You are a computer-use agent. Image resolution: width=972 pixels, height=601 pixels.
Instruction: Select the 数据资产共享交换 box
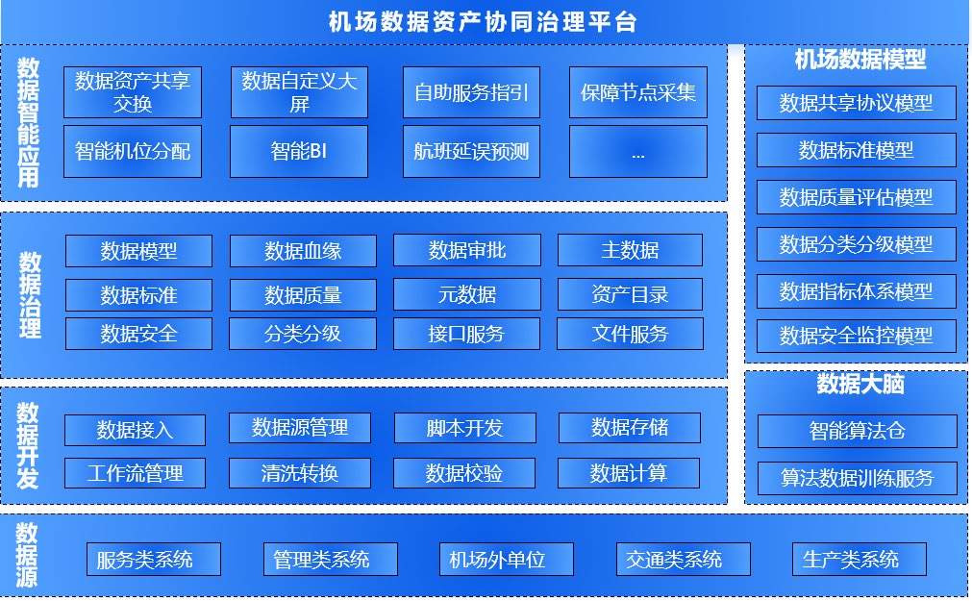click(133, 92)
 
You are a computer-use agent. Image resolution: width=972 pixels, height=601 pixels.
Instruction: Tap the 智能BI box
click(299, 151)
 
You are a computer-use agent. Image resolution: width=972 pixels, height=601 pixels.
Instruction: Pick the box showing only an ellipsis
click(638, 151)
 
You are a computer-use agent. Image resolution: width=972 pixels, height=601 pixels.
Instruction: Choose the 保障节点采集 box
click(638, 92)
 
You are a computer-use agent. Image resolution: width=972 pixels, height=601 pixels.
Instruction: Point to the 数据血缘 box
click(303, 251)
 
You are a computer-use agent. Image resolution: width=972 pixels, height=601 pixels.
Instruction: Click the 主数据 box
click(630, 250)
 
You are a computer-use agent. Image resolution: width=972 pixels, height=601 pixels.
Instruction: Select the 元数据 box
click(467, 293)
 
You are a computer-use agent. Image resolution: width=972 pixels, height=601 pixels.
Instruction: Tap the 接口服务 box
click(466, 334)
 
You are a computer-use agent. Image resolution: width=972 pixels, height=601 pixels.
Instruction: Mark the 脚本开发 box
click(464, 428)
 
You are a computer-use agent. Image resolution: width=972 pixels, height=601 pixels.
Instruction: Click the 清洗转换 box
click(300, 472)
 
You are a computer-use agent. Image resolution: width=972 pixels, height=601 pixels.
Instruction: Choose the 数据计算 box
click(629, 472)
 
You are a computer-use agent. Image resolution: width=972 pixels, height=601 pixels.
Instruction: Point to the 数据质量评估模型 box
click(856, 197)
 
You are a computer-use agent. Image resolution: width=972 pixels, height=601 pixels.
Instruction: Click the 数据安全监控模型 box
click(856, 336)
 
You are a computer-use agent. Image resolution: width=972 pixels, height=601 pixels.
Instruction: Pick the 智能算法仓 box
click(857, 431)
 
